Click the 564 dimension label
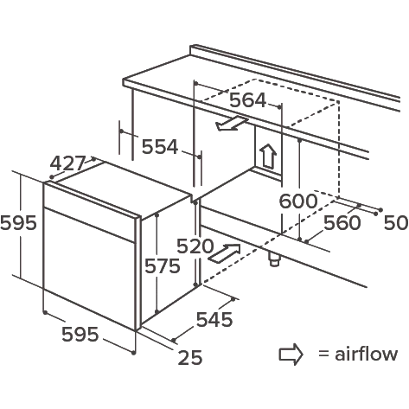pyautogui.click(x=247, y=100)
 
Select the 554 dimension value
pyautogui.click(x=160, y=147)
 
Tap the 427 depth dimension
pyautogui.click(x=68, y=163)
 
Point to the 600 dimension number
pyautogui.click(x=298, y=201)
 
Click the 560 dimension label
pyautogui.click(x=342, y=223)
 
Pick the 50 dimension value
pyautogui.click(x=396, y=223)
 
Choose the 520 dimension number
pyautogui.click(x=195, y=246)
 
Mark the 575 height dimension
pyautogui.click(x=163, y=265)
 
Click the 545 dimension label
pyautogui.click(x=214, y=319)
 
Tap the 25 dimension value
pyautogui.click(x=190, y=357)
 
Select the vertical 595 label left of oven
pyautogui.click(x=18, y=223)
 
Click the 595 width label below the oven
pyautogui.click(x=80, y=335)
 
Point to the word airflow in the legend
pyautogui.click(x=366, y=354)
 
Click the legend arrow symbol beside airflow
pyautogui.click(x=291, y=355)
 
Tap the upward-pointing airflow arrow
pyautogui.click(x=268, y=157)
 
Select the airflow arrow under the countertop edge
pyautogui.click(x=232, y=124)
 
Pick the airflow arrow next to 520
pyautogui.click(x=224, y=253)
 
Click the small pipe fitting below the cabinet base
pyautogui.click(x=274, y=259)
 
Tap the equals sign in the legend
pyautogui.click(x=323, y=354)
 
